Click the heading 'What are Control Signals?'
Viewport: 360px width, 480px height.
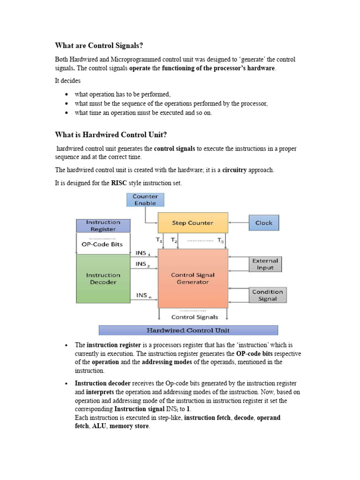click(99, 45)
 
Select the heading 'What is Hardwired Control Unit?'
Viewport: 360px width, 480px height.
click(111, 135)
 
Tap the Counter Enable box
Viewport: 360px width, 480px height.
click(145, 200)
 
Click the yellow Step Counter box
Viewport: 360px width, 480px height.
click(193, 223)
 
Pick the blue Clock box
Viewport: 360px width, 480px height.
click(263, 223)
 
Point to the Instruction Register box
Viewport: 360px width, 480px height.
click(103, 226)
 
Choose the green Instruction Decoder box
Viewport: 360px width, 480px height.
click(103, 279)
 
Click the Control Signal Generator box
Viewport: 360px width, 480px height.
click(193, 278)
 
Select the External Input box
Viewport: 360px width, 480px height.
click(265, 264)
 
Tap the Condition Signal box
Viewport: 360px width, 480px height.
click(267, 295)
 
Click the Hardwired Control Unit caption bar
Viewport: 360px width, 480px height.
click(188, 330)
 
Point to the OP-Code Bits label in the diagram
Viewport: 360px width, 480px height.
click(102, 245)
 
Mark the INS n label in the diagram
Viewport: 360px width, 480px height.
click(143, 296)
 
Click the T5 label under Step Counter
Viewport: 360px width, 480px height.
click(221, 240)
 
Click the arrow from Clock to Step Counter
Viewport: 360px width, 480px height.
click(238, 223)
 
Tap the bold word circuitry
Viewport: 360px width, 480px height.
click(234, 170)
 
